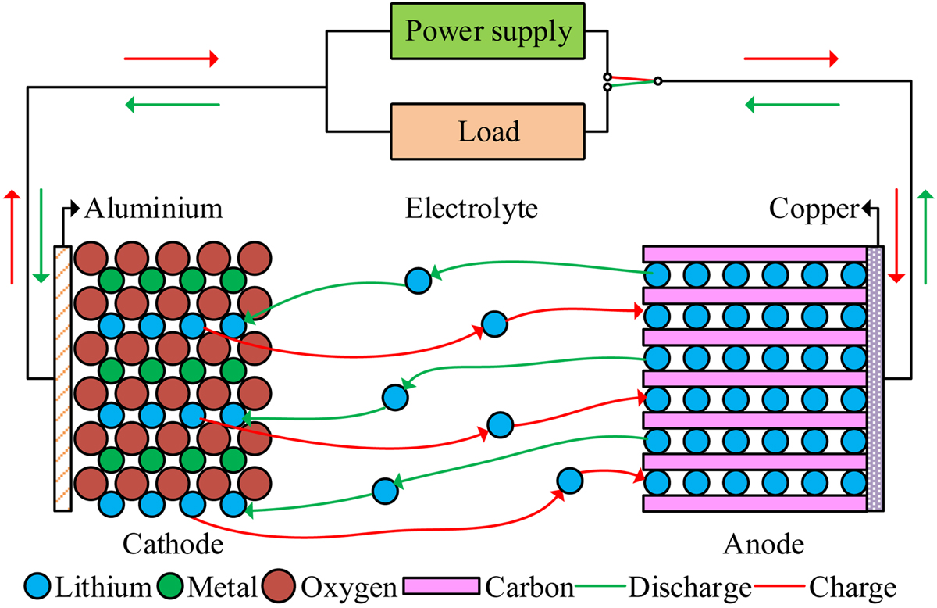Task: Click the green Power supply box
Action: pos(487,31)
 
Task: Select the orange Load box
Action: pos(487,131)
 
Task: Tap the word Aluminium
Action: pos(154,209)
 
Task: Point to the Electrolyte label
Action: pos(472,209)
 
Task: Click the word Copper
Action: pos(814,209)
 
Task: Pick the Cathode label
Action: pos(173,544)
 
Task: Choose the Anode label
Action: pos(764,544)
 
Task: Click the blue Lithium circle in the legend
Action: pos(37,586)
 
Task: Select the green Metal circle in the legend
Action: pos(171,586)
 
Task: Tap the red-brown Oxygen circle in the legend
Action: pos(279,586)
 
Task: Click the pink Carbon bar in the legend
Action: pos(441,586)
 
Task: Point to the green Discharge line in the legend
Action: pos(600,586)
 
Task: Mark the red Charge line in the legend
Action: pos(779,586)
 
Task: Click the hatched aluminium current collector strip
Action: pos(62,378)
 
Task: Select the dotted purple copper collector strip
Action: pos(875,378)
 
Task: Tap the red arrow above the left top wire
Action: pos(171,59)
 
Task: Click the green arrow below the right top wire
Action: pos(793,105)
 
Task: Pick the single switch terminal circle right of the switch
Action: pos(658,81)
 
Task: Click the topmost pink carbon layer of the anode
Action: pos(754,254)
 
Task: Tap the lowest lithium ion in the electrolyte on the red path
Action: pos(570,481)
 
